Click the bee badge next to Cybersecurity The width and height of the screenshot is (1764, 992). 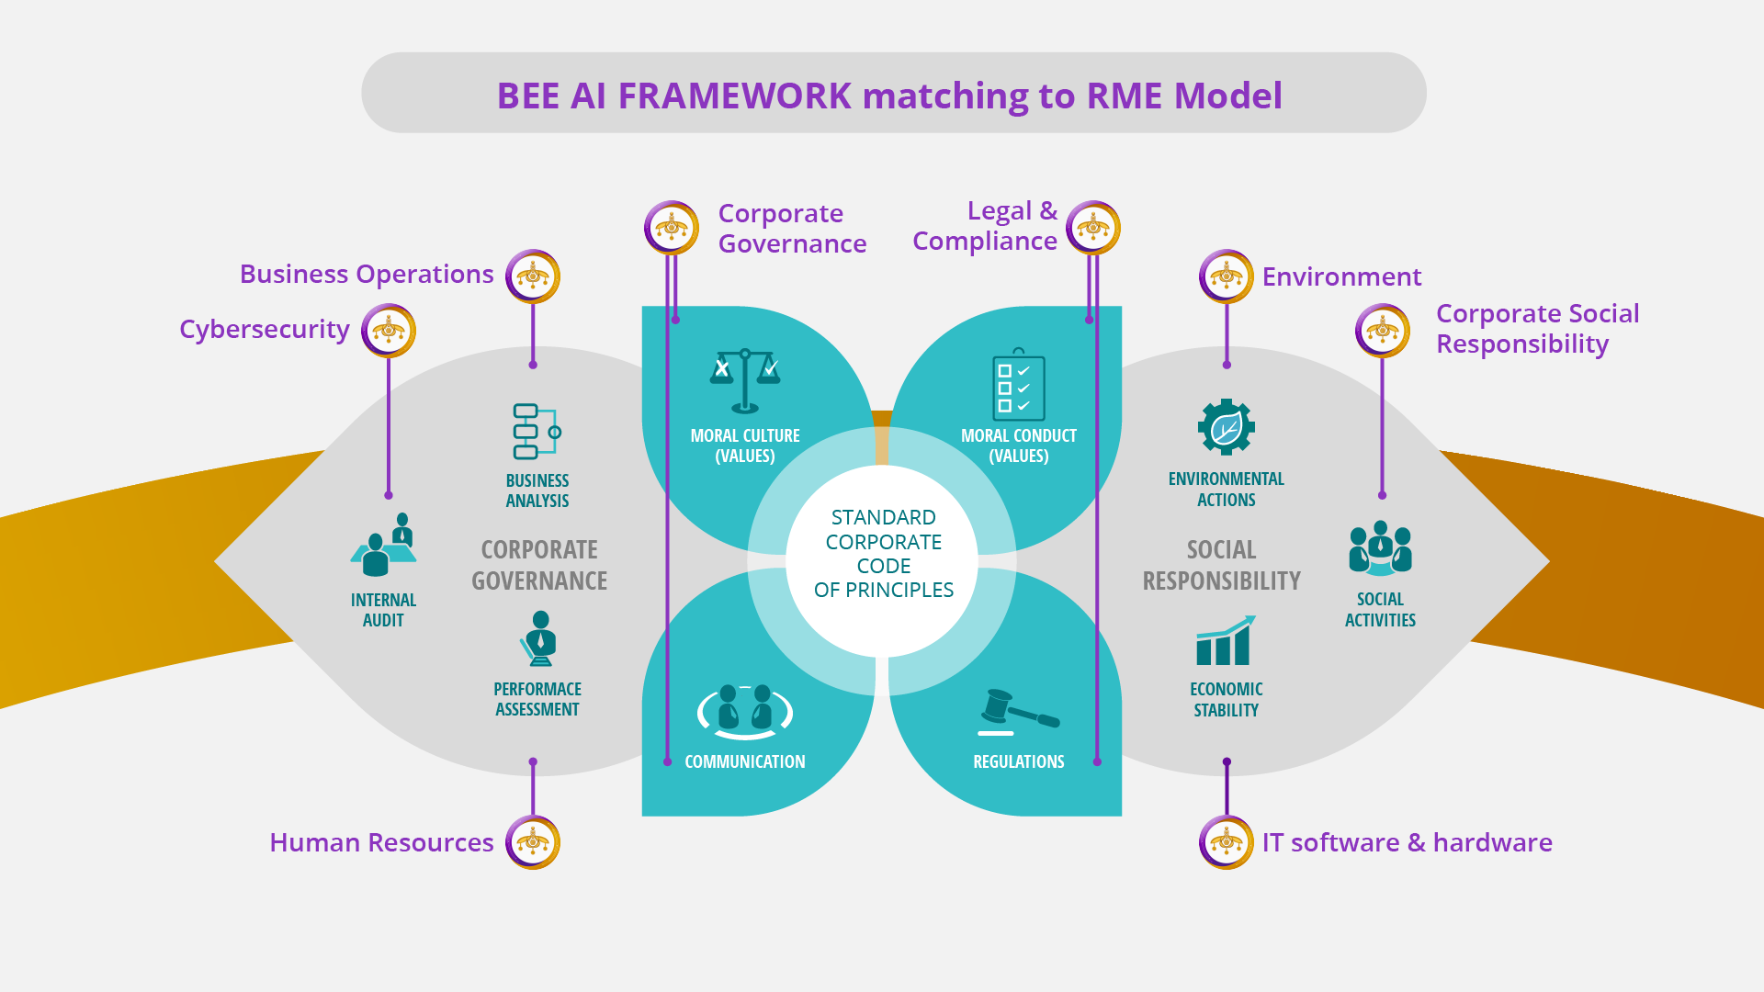tap(389, 331)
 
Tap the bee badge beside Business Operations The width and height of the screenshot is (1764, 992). tap(533, 276)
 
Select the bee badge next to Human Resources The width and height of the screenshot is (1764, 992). tap(533, 841)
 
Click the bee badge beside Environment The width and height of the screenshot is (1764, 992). tap(1227, 276)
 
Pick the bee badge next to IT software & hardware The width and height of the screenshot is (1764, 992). tap(1227, 841)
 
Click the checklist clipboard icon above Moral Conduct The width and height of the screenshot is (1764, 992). tap(1018, 385)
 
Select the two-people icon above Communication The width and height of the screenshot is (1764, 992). tap(745, 712)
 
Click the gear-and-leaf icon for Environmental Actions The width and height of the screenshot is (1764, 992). tap(1227, 427)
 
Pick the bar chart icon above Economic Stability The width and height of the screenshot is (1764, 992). tap(1226, 641)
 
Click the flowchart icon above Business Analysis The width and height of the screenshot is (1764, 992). tap(537, 431)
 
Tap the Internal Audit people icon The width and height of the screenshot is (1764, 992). tap(384, 546)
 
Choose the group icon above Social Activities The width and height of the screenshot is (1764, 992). tap(1380, 548)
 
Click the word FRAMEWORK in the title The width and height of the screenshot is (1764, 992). tap(734, 96)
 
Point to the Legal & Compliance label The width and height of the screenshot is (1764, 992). tap(985, 226)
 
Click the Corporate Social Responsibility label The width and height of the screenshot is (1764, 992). tap(1536, 329)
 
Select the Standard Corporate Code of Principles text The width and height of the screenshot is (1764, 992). tap(883, 554)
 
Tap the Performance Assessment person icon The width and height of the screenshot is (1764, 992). tap(539, 638)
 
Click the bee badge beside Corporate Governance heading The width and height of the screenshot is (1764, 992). tap(672, 228)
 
